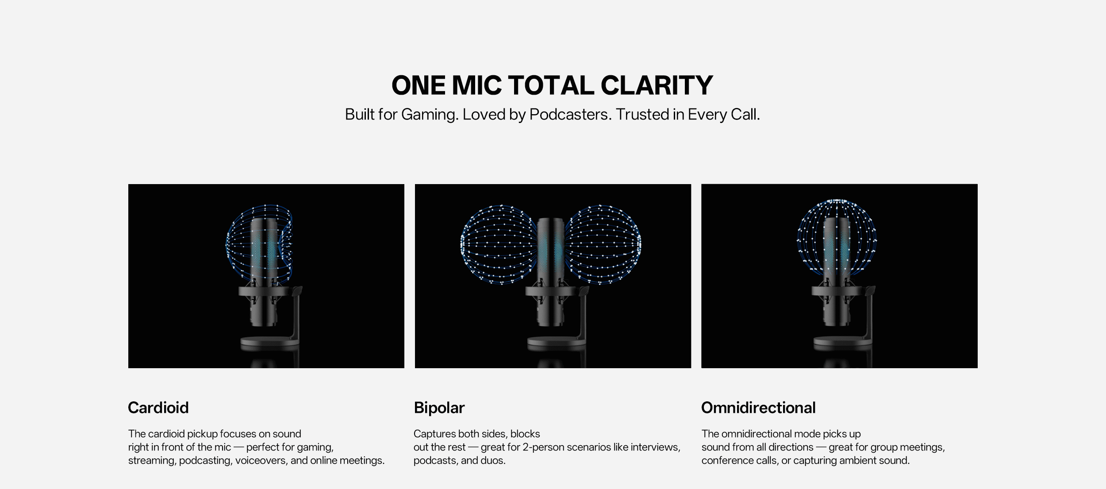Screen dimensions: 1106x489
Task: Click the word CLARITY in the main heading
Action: click(x=657, y=85)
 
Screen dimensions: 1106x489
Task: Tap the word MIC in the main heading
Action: click(x=476, y=85)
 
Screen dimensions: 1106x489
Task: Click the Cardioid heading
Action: click(x=158, y=408)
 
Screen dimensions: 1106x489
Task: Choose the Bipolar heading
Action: click(x=439, y=408)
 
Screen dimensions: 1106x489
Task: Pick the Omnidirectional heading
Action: click(x=758, y=408)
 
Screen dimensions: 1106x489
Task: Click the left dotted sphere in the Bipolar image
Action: click(x=499, y=244)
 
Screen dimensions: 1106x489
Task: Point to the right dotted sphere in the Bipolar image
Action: click(x=603, y=244)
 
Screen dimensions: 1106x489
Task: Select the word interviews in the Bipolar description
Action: click(x=656, y=447)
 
